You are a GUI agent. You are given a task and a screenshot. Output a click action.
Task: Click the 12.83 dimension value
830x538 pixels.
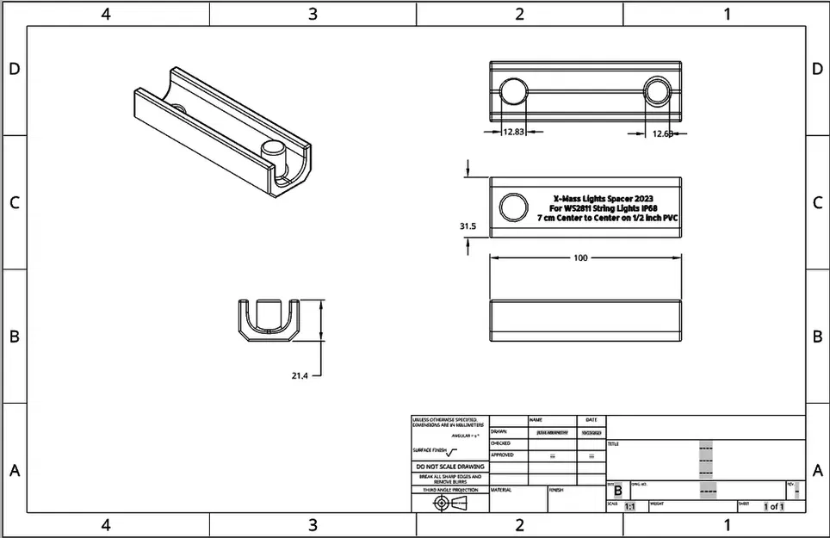point(513,132)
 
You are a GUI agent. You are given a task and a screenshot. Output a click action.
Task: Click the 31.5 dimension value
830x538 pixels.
point(468,226)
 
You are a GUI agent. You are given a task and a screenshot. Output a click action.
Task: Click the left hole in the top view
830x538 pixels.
point(514,90)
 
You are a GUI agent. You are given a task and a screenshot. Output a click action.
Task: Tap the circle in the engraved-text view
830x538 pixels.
point(514,207)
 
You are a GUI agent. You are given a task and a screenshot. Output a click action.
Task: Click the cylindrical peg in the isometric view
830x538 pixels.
point(272,158)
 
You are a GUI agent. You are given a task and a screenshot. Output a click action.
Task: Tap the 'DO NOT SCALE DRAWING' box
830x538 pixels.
point(449,467)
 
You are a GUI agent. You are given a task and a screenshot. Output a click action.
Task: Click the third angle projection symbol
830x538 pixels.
point(449,502)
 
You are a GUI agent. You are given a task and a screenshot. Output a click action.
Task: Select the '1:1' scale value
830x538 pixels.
point(629,507)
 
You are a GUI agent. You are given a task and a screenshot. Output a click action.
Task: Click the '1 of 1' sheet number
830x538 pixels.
point(774,507)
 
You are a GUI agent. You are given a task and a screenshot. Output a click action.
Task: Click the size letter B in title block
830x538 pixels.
point(617,490)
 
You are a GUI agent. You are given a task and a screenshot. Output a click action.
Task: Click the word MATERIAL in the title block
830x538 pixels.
point(501,490)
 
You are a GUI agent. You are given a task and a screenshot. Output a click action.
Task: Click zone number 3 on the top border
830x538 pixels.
point(313,14)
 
